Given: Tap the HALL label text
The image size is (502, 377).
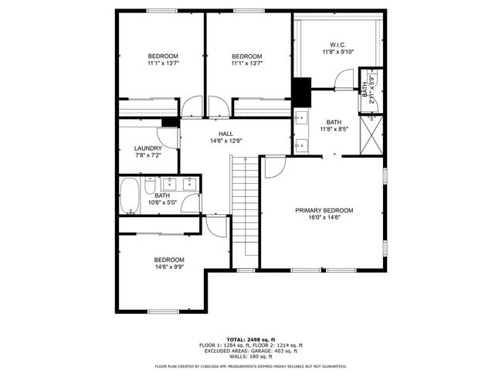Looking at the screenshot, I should [x=226, y=134].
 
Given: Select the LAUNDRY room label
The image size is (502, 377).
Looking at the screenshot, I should [x=148, y=148].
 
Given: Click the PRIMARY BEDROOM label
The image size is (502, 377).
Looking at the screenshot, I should [x=324, y=210].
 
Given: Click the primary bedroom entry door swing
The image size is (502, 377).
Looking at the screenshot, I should [x=274, y=166].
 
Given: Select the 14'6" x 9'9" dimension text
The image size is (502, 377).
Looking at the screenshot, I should [x=169, y=267].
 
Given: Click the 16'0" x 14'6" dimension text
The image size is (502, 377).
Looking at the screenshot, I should [x=324, y=218].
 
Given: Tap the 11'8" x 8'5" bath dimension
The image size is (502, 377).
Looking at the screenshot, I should [x=334, y=130].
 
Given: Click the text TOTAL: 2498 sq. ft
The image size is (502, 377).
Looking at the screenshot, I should [x=250, y=339].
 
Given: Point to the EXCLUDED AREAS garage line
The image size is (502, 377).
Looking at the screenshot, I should [x=250, y=351].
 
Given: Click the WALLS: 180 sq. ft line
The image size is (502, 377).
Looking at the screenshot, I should [x=250, y=356].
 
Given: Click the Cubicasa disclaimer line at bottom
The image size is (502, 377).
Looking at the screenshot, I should [x=250, y=366].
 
